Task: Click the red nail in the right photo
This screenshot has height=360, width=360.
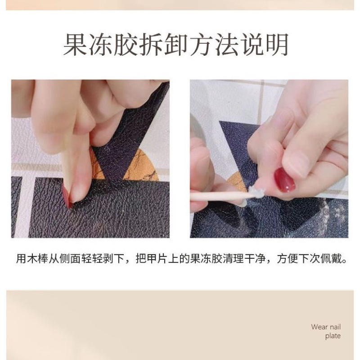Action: (284, 179)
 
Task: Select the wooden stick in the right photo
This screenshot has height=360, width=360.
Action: (216, 196)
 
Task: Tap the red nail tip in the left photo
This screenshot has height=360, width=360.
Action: (67, 198)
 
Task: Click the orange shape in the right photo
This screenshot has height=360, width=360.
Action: (238, 182)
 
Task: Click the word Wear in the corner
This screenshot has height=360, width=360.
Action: (319, 327)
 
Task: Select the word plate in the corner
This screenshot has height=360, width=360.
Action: (333, 336)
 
